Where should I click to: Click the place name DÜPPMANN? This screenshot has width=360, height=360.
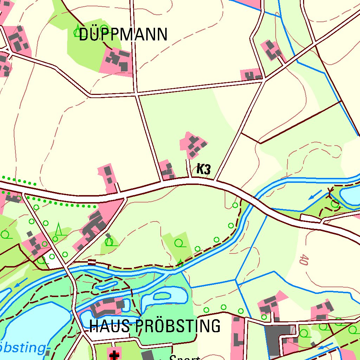[x=123, y=35]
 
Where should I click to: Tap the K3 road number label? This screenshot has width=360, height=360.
[x=204, y=169]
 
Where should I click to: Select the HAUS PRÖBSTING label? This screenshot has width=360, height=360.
[x=155, y=326]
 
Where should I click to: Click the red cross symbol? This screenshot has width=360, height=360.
[x=114, y=355]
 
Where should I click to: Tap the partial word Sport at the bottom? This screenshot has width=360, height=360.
[x=185, y=357]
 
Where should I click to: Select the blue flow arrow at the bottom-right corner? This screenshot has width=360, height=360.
[x=326, y=346]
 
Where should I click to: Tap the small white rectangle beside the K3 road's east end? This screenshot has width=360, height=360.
[x=311, y=219]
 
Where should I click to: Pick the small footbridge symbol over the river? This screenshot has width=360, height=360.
[x=92, y=262]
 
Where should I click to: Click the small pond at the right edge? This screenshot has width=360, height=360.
[x=350, y=197]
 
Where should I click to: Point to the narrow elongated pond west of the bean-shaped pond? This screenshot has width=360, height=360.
[x=107, y=285]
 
